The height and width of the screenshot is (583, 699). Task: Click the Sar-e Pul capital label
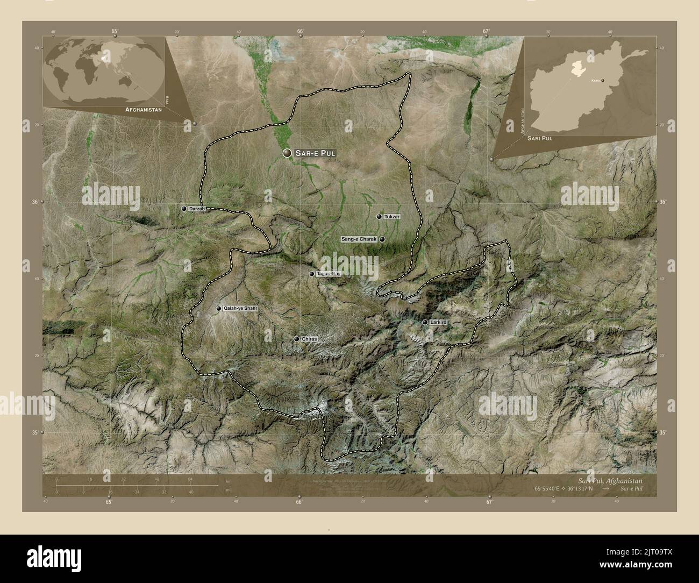315,153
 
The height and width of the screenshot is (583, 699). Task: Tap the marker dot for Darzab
184,209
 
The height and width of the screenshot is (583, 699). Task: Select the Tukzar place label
392,217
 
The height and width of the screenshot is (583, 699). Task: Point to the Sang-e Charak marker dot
382,239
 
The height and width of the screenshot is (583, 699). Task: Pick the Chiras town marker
297,339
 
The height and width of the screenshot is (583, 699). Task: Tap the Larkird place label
438,322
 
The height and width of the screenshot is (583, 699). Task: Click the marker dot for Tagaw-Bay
311,274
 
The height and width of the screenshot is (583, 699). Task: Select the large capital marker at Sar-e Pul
288,153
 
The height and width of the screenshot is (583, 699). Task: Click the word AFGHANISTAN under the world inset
144,109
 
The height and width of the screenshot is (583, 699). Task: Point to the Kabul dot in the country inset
603,81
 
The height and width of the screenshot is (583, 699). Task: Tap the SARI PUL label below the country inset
539,139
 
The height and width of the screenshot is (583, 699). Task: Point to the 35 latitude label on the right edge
663,432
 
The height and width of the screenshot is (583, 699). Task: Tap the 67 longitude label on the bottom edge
489,503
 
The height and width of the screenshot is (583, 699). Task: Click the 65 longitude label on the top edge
115,31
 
